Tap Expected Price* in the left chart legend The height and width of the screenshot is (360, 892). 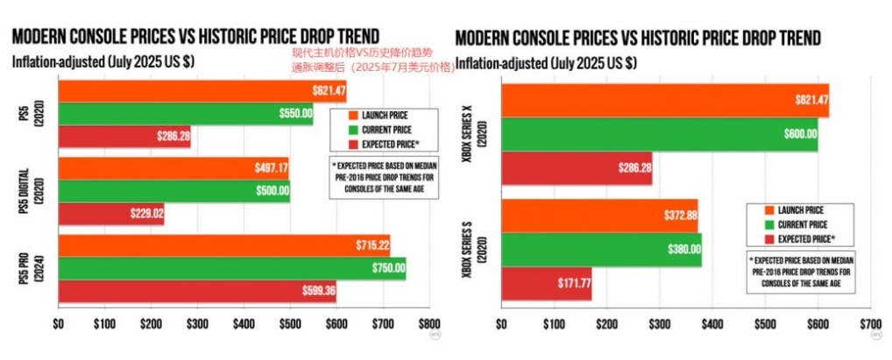point(390,143)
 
